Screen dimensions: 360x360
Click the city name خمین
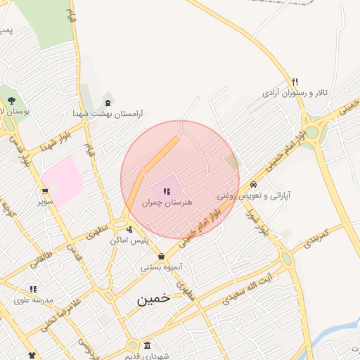[153, 298]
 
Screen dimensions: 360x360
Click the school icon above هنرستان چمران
[167, 191]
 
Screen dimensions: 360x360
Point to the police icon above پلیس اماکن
[129, 229]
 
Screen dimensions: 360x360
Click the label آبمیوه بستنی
[162, 267]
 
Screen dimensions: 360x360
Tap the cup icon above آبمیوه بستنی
[162, 256]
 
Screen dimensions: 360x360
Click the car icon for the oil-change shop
[253, 184]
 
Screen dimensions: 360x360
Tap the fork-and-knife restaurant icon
[295, 82]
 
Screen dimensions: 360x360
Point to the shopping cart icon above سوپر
[46, 191]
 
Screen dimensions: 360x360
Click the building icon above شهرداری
[147, 345]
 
